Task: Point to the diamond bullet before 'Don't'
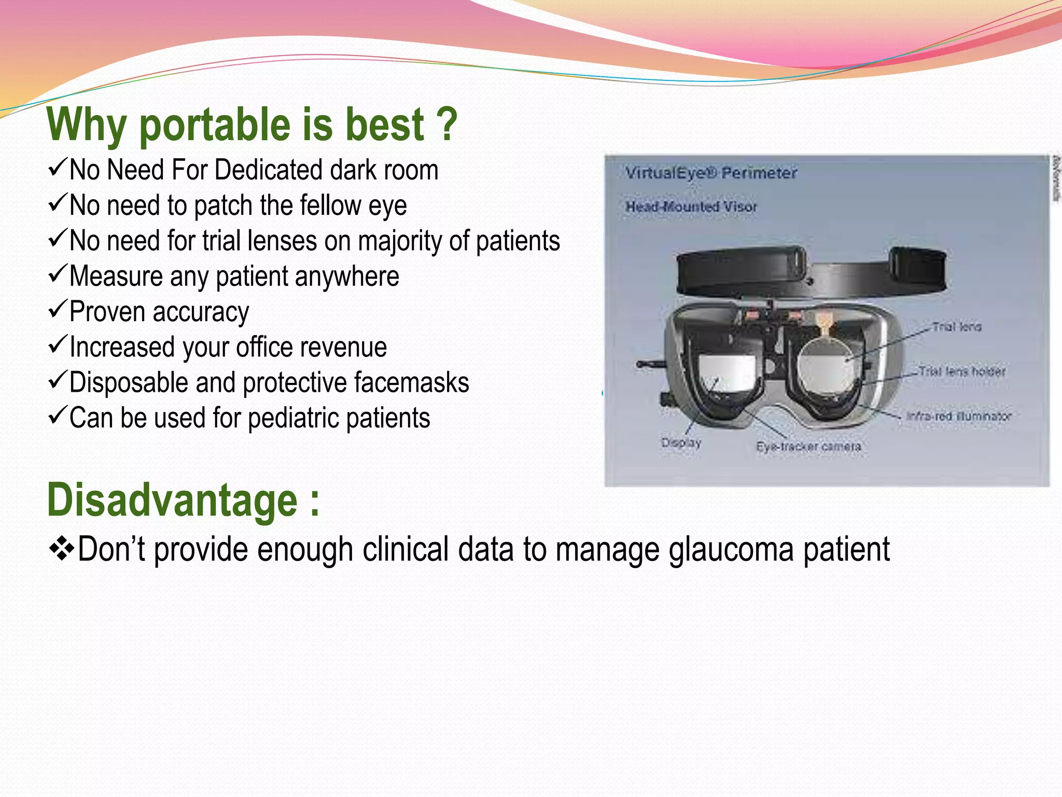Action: (61, 549)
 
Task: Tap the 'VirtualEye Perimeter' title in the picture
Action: (710, 173)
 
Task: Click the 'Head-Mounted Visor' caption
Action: (691, 207)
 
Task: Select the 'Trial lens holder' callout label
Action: (961, 372)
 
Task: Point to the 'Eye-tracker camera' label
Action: (808, 447)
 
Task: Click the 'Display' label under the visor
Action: (681, 443)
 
